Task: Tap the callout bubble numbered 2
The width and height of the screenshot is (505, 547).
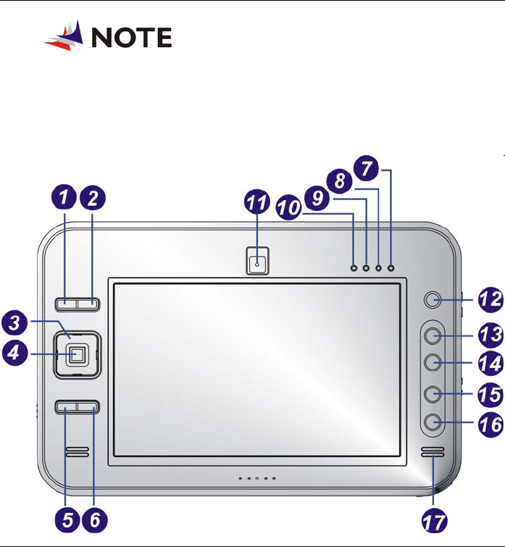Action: (x=93, y=196)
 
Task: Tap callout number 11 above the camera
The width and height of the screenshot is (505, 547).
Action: (x=256, y=206)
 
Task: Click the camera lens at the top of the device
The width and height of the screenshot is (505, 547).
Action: (x=256, y=264)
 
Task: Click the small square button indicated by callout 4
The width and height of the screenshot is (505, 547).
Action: (x=77, y=354)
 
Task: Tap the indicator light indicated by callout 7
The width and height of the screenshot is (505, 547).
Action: (x=391, y=268)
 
